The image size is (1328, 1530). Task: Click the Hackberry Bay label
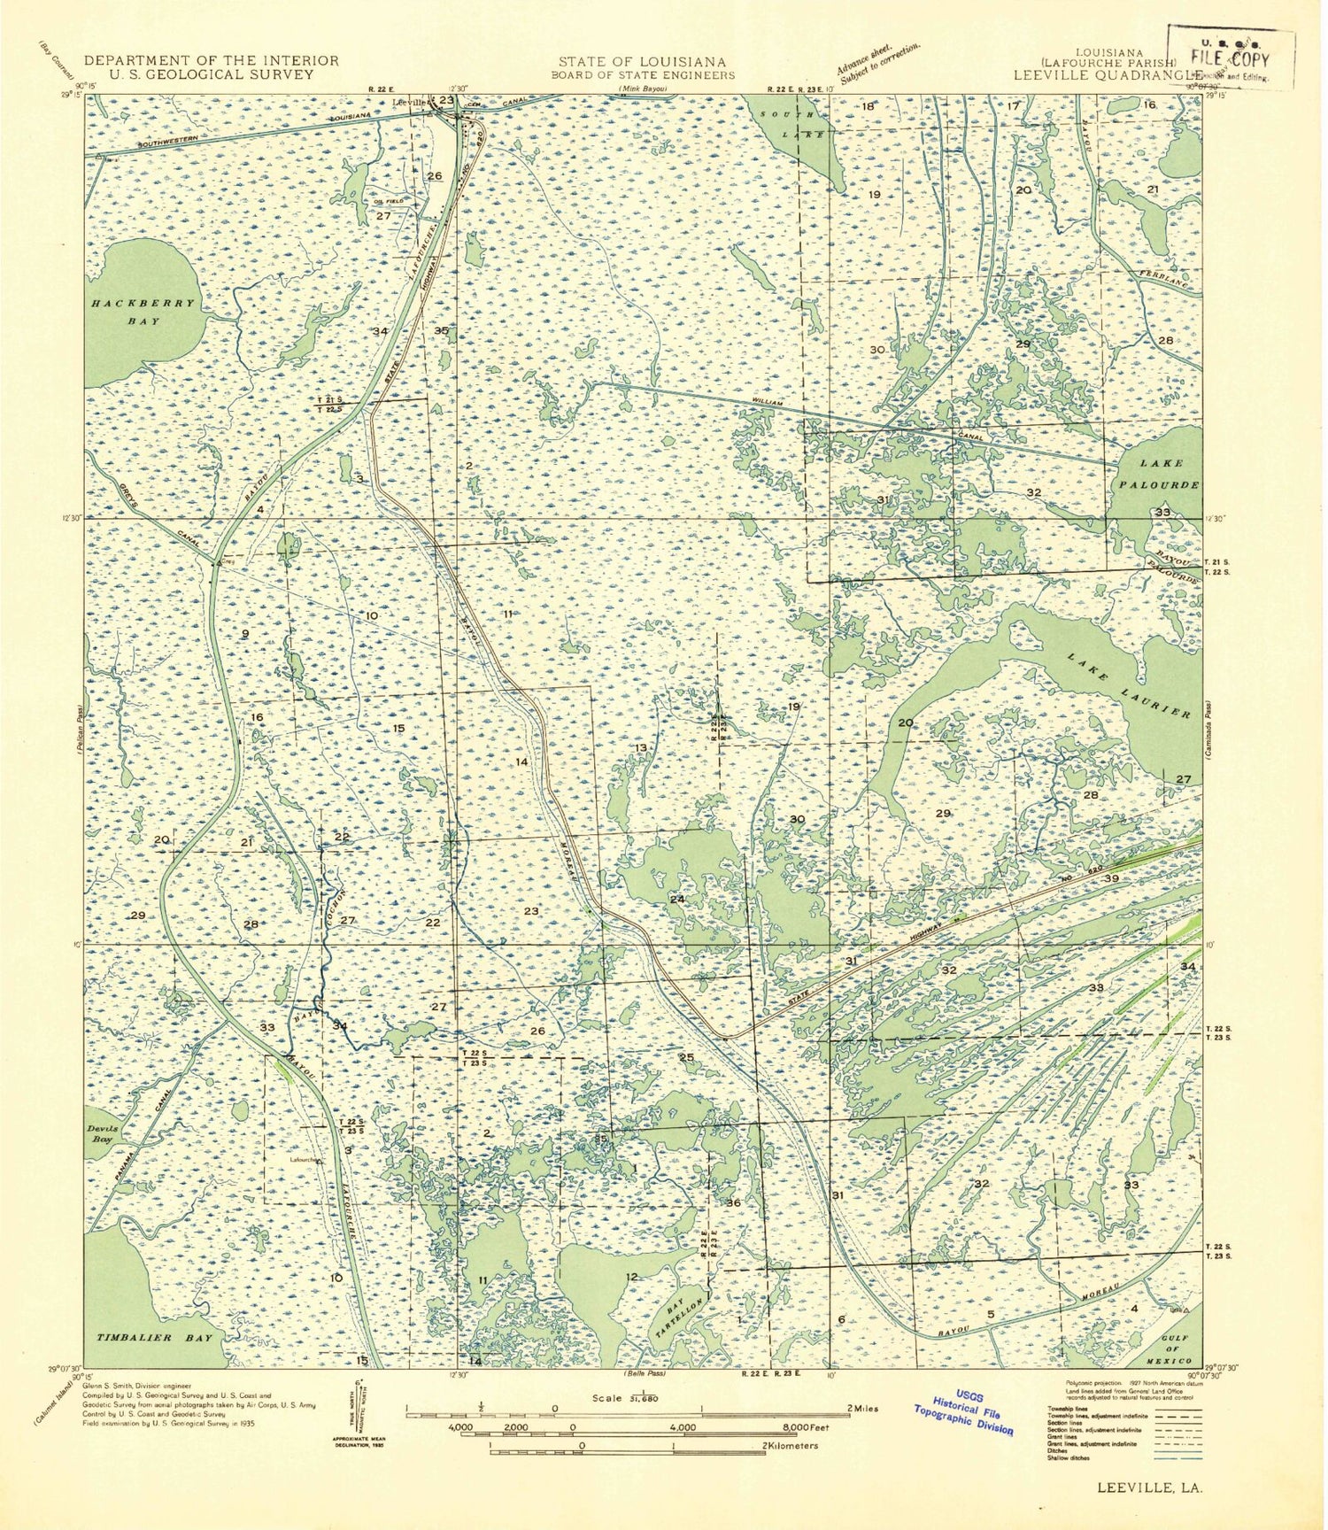click(142, 312)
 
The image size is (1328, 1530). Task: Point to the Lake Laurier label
click(1128, 687)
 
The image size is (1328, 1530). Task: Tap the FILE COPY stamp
click(1231, 59)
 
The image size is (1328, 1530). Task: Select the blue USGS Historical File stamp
click(964, 1409)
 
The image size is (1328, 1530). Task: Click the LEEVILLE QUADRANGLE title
click(1107, 75)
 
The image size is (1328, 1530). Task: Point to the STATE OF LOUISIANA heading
click(642, 61)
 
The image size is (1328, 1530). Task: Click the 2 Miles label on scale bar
click(861, 1408)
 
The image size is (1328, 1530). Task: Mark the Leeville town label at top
click(411, 101)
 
